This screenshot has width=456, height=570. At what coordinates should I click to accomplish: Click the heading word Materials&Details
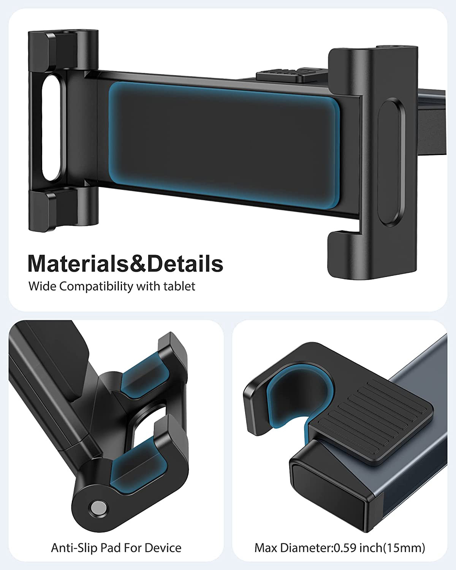(125, 264)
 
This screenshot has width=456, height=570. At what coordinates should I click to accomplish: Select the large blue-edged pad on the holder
(224, 145)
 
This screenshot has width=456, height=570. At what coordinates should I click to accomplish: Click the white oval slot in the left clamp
(51, 128)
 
